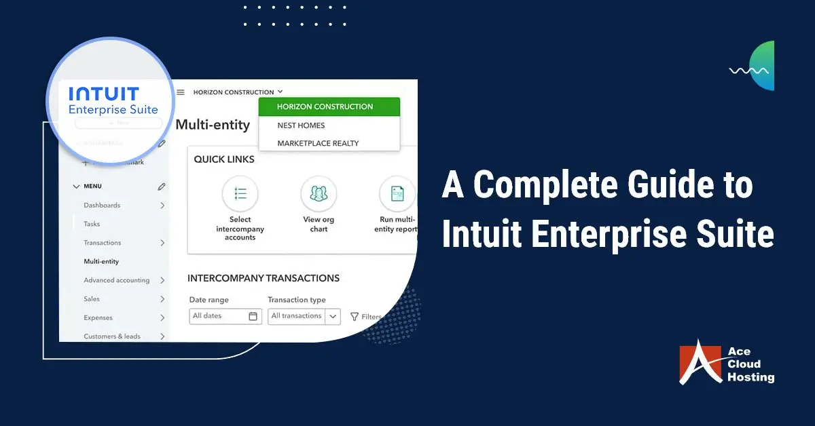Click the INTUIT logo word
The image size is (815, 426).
pyautogui.click(x=103, y=93)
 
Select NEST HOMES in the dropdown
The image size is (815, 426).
pyautogui.click(x=301, y=125)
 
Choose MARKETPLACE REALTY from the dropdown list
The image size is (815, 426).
pyautogui.click(x=318, y=143)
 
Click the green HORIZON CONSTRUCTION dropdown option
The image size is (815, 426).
pyautogui.click(x=325, y=106)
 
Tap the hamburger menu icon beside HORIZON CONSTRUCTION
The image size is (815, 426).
pyautogui.click(x=181, y=92)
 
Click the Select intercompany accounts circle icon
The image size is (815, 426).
pyautogui.click(x=240, y=193)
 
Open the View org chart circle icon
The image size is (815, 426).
pyautogui.click(x=319, y=193)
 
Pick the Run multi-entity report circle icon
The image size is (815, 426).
pyautogui.click(x=397, y=193)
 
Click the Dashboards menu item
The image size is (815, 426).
pyautogui.click(x=102, y=206)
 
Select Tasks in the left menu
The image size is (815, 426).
pyautogui.click(x=92, y=224)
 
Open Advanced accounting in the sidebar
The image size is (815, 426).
pyautogui.click(x=116, y=280)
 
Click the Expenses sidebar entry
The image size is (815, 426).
pyautogui.click(x=98, y=317)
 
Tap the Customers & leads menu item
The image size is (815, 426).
pyautogui.click(x=111, y=336)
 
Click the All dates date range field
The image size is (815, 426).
pyautogui.click(x=225, y=316)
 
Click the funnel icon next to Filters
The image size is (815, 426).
pyautogui.click(x=355, y=317)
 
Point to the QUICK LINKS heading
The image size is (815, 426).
pyautogui.click(x=224, y=159)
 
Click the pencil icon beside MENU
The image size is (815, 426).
pyautogui.click(x=162, y=187)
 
